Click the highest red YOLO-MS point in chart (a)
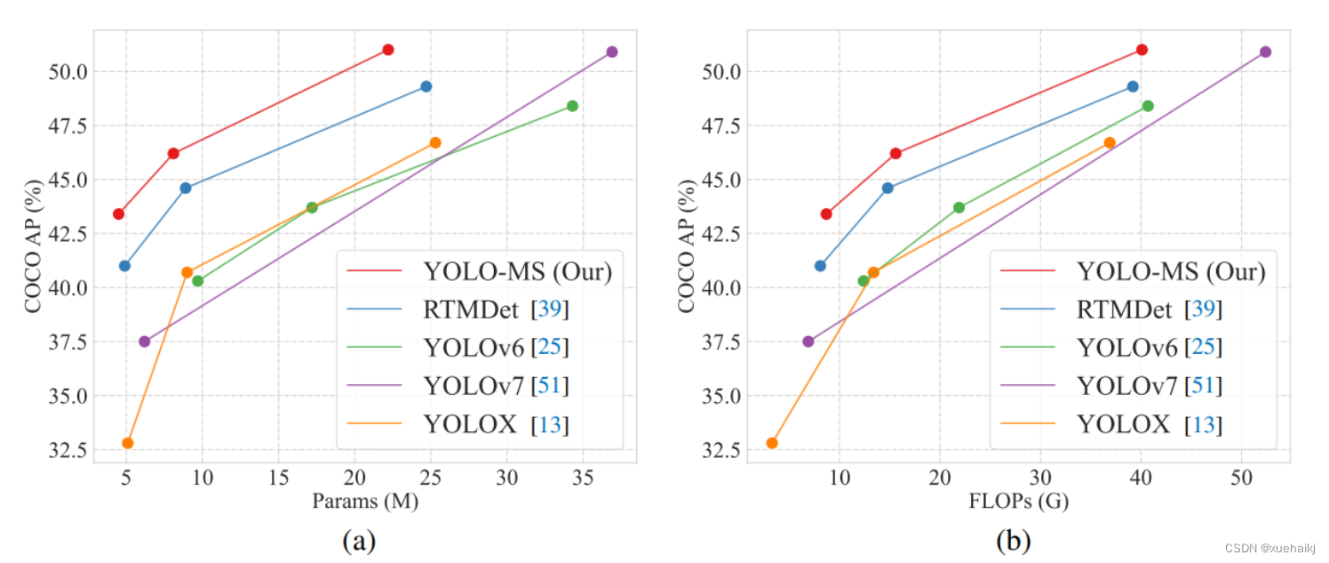click(387, 50)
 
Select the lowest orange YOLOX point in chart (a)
click(128, 443)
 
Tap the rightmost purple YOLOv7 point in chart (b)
click(1265, 52)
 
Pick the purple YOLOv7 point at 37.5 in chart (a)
click(145, 342)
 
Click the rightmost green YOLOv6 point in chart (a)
click(572, 106)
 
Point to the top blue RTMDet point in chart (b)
click(1133, 86)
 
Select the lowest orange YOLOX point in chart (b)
click(772, 443)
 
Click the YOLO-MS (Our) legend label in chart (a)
click(518, 270)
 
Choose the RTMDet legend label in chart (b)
click(1124, 310)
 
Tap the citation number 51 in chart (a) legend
click(551, 386)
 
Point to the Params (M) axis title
click(365, 502)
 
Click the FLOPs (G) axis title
click(1019, 502)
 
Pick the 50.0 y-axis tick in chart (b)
click(720, 71)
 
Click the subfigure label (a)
click(359, 540)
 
